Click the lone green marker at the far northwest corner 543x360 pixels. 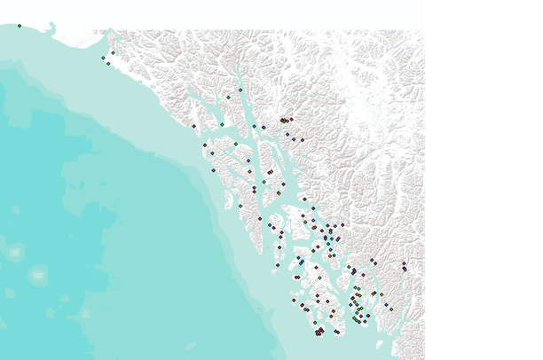[x=19, y=26]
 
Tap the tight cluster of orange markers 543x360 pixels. [x=284, y=120]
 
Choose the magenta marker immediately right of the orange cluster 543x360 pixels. [x=291, y=119]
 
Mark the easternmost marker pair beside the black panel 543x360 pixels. [x=404, y=265]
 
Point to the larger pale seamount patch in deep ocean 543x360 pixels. [x=37, y=275]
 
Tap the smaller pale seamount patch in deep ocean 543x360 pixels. [x=15, y=253]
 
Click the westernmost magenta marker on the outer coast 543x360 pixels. [x=193, y=126]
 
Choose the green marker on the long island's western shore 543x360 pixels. [x=240, y=206]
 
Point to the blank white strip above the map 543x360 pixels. [x=213, y=14]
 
